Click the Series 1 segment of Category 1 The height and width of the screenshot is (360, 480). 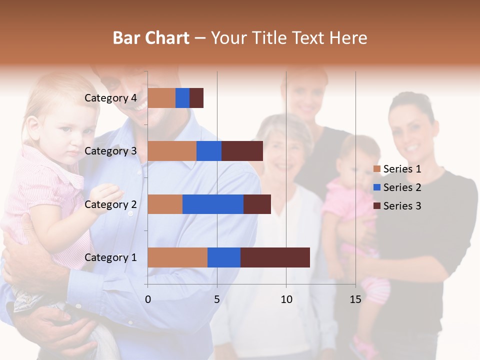click(177, 257)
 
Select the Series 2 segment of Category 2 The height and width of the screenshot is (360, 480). click(213, 204)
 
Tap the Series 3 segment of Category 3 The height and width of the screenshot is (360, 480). click(242, 151)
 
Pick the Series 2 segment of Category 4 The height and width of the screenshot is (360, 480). click(182, 98)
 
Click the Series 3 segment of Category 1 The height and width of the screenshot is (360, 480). click(275, 257)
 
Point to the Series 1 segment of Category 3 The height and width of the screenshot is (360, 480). click(172, 151)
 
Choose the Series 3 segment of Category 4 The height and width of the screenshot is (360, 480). click(196, 98)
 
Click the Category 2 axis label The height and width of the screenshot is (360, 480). click(110, 204)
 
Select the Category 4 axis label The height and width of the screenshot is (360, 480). click(110, 98)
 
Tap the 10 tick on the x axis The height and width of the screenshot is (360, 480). click(286, 299)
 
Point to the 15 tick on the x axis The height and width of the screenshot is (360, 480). click(355, 299)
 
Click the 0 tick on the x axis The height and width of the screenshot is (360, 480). click(147, 299)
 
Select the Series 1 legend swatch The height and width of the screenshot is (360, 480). click(377, 169)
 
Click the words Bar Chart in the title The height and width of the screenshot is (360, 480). click(151, 37)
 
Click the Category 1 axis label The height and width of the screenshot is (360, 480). click(110, 257)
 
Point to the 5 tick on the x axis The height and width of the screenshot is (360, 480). click(217, 299)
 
